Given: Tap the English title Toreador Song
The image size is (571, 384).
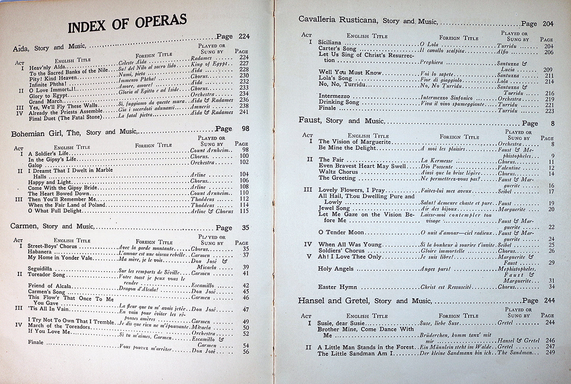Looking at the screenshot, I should (46, 274).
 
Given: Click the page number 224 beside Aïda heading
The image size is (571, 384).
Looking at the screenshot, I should (244, 37).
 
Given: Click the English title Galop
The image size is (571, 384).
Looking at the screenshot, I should (35, 165).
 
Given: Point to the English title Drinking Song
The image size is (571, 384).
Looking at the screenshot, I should (339, 102).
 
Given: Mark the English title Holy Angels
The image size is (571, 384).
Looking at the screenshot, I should (335, 269).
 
